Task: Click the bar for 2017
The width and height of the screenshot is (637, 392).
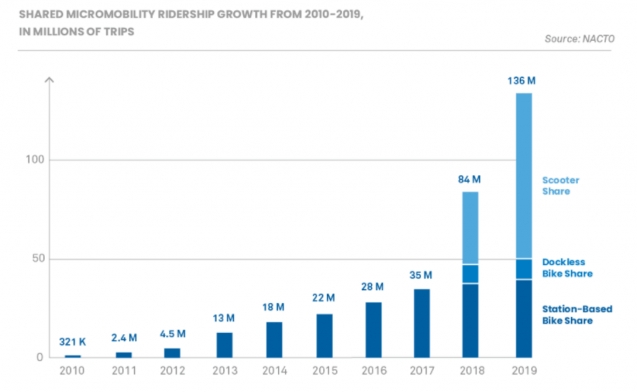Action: tap(421, 323)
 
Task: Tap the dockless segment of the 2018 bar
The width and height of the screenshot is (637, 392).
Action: tap(470, 274)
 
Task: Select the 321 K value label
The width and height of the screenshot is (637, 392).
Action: tap(73, 341)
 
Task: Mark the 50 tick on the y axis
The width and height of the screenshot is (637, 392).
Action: tap(38, 259)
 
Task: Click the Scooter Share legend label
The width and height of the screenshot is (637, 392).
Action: tap(560, 185)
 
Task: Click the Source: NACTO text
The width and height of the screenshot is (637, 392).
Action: tap(580, 39)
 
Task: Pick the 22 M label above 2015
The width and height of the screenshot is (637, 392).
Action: tap(323, 298)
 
